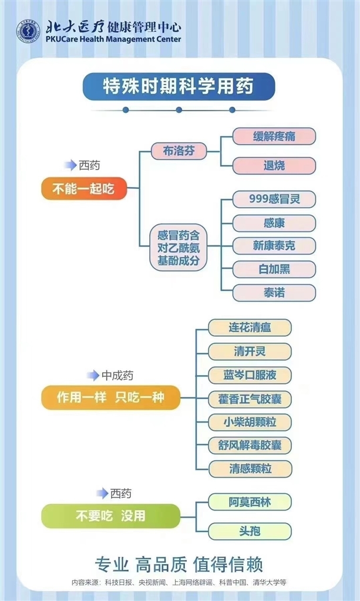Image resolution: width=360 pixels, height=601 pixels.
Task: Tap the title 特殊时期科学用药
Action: pos(179,87)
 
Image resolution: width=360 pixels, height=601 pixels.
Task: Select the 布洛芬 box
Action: pos(179,151)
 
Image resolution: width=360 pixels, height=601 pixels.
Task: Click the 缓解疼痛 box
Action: pos(274,137)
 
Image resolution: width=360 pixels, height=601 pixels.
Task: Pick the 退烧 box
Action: pos(274,166)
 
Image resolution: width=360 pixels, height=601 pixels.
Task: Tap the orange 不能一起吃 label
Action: pos(84,189)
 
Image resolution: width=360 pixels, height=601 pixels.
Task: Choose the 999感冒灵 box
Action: pos(274,199)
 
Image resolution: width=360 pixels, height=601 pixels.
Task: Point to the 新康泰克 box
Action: pos(274,246)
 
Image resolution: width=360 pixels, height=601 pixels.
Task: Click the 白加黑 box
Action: pos(274,269)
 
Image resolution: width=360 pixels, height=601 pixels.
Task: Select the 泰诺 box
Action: pos(274,293)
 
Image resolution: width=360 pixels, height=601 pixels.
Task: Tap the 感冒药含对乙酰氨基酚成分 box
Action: pos(179,246)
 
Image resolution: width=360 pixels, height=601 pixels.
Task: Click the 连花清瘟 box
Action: pos(250,327)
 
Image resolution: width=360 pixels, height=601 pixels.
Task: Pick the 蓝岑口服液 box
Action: pos(250,374)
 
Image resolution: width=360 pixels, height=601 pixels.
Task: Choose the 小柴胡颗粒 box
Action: pos(250,421)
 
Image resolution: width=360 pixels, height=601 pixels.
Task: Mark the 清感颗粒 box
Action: pos(250,468)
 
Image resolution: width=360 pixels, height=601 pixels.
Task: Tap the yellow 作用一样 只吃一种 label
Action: pos(110,398)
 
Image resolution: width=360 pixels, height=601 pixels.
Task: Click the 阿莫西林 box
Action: pos(250,502)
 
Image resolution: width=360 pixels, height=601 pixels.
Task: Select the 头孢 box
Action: pos(250,531)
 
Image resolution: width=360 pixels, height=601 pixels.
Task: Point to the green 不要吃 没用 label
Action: pos(110,516)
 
